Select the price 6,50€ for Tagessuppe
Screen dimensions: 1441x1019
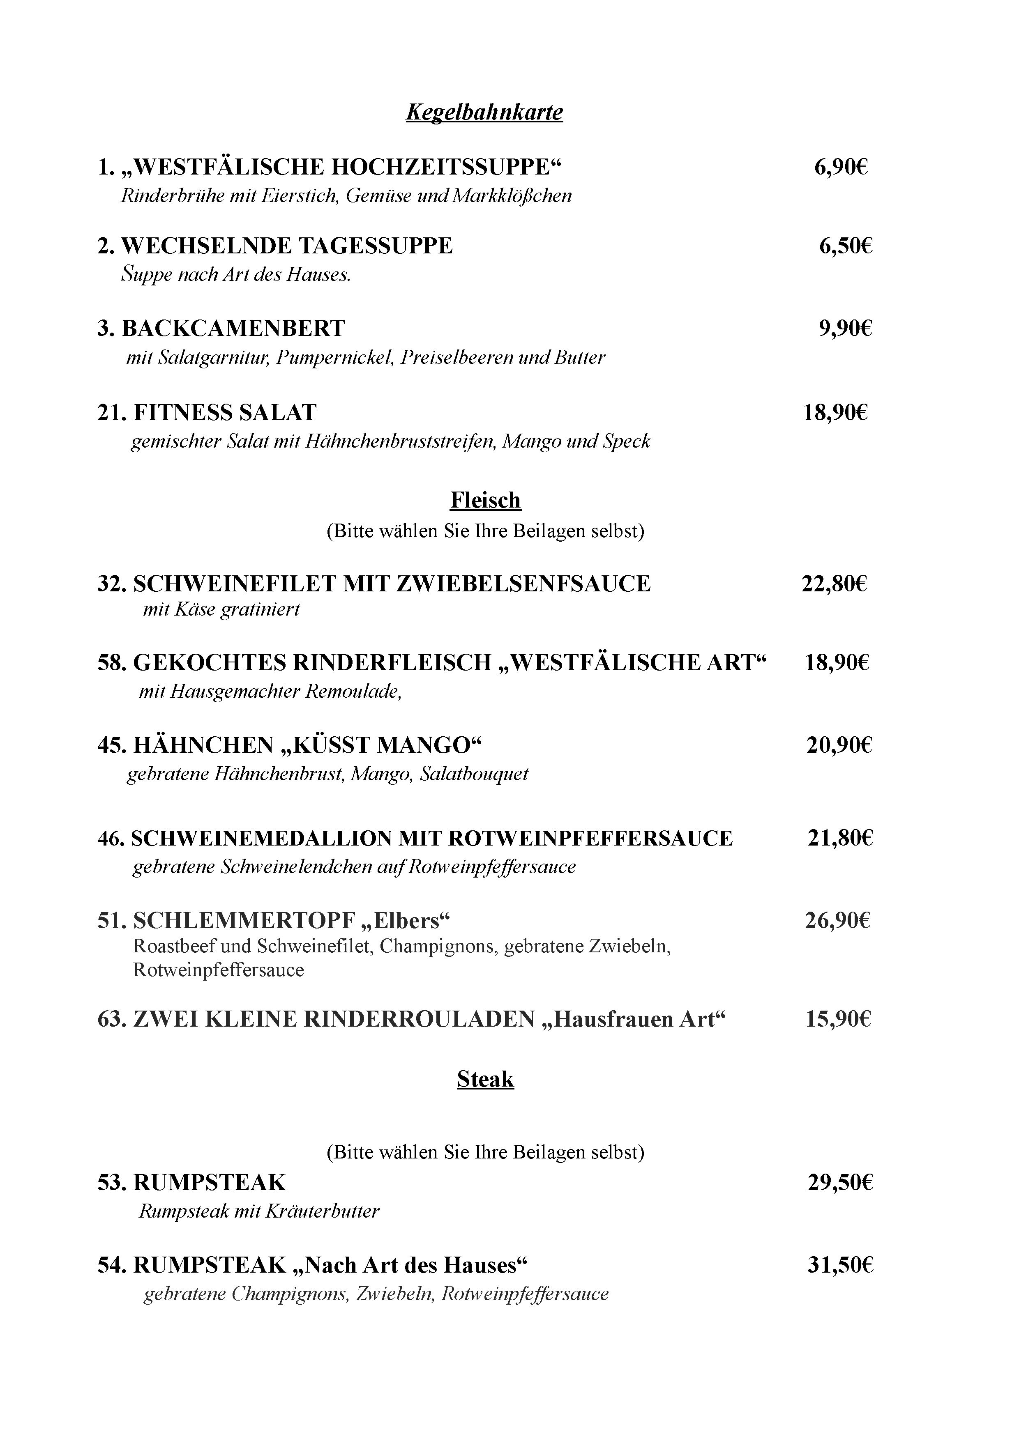coord(845,246)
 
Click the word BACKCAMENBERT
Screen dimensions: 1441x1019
coord(233,328)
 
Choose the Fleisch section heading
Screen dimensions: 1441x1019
coord(485,500)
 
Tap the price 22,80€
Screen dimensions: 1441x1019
coord(834,584)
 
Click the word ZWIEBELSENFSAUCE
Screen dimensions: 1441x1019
coord(523,584)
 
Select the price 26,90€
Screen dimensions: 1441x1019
coord(837,921)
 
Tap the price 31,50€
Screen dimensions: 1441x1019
coord(840,1265)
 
